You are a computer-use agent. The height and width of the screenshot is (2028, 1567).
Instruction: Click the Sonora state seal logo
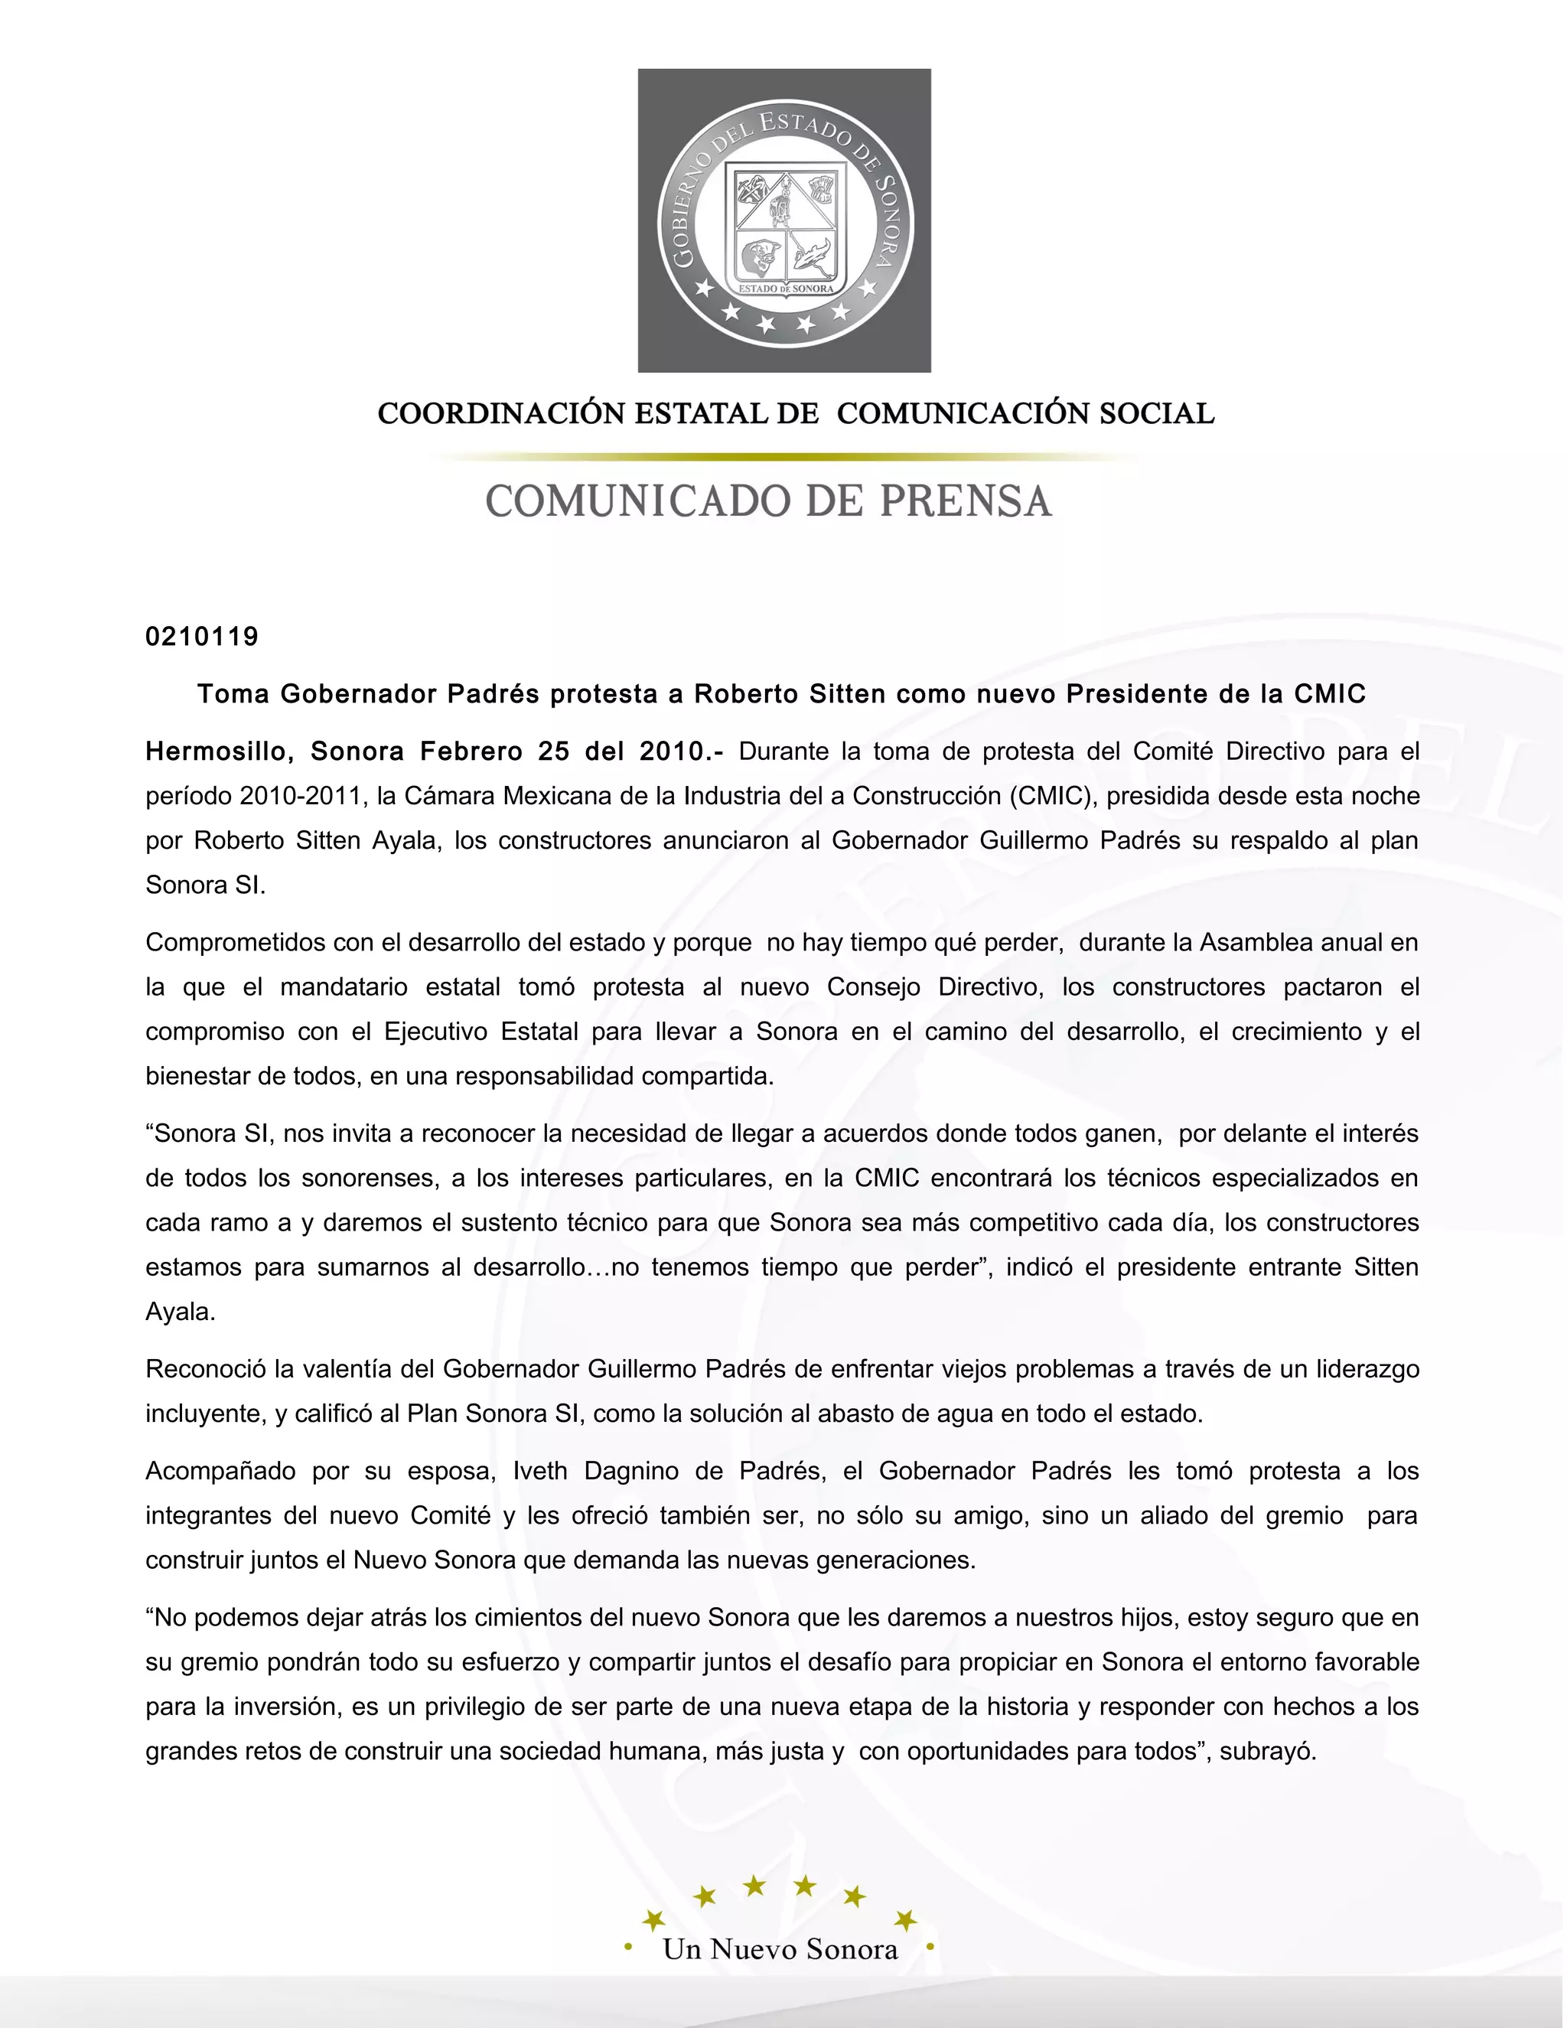click(784, 221)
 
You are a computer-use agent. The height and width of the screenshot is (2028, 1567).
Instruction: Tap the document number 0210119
click(202, 637)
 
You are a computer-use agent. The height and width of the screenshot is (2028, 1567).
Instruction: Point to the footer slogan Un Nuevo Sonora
click(780, 1949)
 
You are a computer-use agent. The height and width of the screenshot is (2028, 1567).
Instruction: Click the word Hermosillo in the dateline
click(219, 752)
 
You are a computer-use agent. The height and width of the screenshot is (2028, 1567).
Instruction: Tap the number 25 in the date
click(553, 752)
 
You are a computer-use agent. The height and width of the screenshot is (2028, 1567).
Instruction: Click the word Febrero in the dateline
click(471, 752)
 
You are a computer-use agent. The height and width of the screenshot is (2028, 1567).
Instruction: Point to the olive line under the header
click(784, 457)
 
